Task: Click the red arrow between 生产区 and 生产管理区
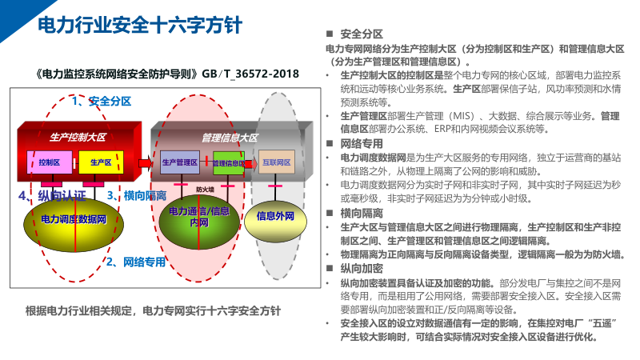click(x=145, y=162)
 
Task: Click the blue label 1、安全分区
click(x=96, y=102)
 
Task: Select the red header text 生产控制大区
click(x=78, y=137)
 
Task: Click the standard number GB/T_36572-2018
click(x=250, y=73)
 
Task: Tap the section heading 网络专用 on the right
click(x=362, y=143)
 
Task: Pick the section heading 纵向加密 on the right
click(x=362, y=269)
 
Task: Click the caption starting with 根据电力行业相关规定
click(x=153, y=310)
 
